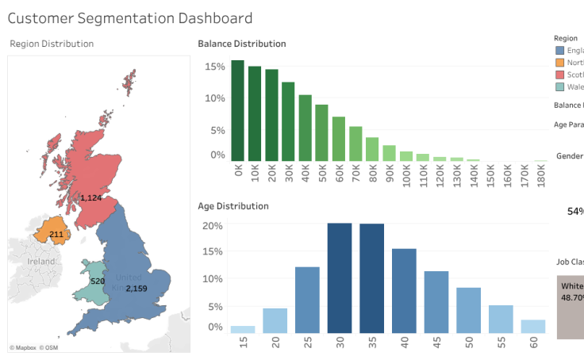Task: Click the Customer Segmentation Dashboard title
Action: point(131,18)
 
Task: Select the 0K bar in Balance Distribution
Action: point(237,111)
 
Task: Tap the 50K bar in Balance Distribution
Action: point(321,133)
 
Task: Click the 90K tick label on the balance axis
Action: point(390,174)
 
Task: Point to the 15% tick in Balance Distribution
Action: point(215,67)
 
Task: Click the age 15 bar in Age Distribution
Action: point(243,329)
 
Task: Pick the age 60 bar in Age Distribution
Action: point(533,326)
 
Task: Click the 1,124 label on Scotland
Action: point(92,197)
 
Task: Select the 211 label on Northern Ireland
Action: point(56,235)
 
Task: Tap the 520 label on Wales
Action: point(98,281)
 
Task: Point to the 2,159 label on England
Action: point(136,288)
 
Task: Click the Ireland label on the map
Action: point(41,261)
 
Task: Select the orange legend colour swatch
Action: point(560,63)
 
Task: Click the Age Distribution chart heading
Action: point(233,206)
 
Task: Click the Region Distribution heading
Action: point(52,44)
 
